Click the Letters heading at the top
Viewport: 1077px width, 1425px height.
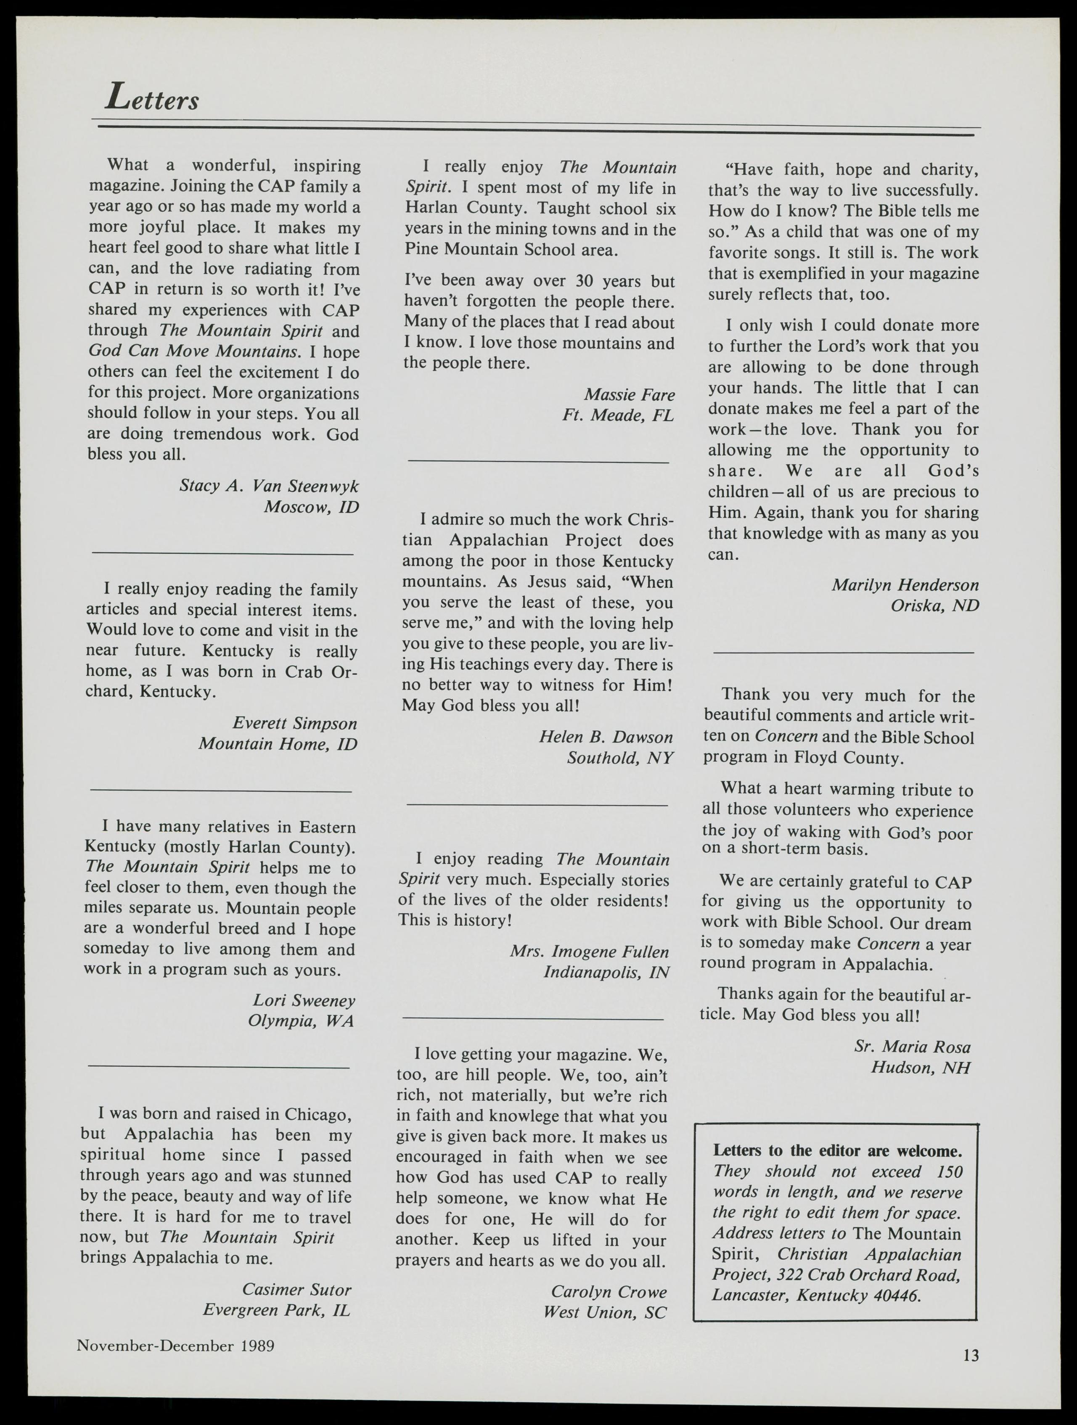point(153,98)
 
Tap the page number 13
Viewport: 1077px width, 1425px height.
point(971,1356)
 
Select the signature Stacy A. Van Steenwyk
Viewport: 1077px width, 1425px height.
point(269,486)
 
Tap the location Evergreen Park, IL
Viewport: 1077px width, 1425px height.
point(277,1310)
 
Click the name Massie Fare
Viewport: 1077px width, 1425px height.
point(629,394)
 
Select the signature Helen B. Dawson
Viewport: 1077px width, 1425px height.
point(606,737)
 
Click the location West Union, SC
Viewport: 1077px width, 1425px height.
point(604,1312)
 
